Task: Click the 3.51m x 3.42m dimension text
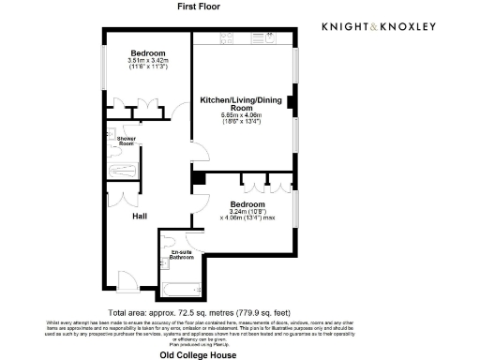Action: coord(147,61)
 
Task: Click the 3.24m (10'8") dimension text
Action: coord(247,212)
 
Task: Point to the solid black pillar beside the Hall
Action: coord(198,177)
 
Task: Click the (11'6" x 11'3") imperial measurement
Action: coord(147,67)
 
